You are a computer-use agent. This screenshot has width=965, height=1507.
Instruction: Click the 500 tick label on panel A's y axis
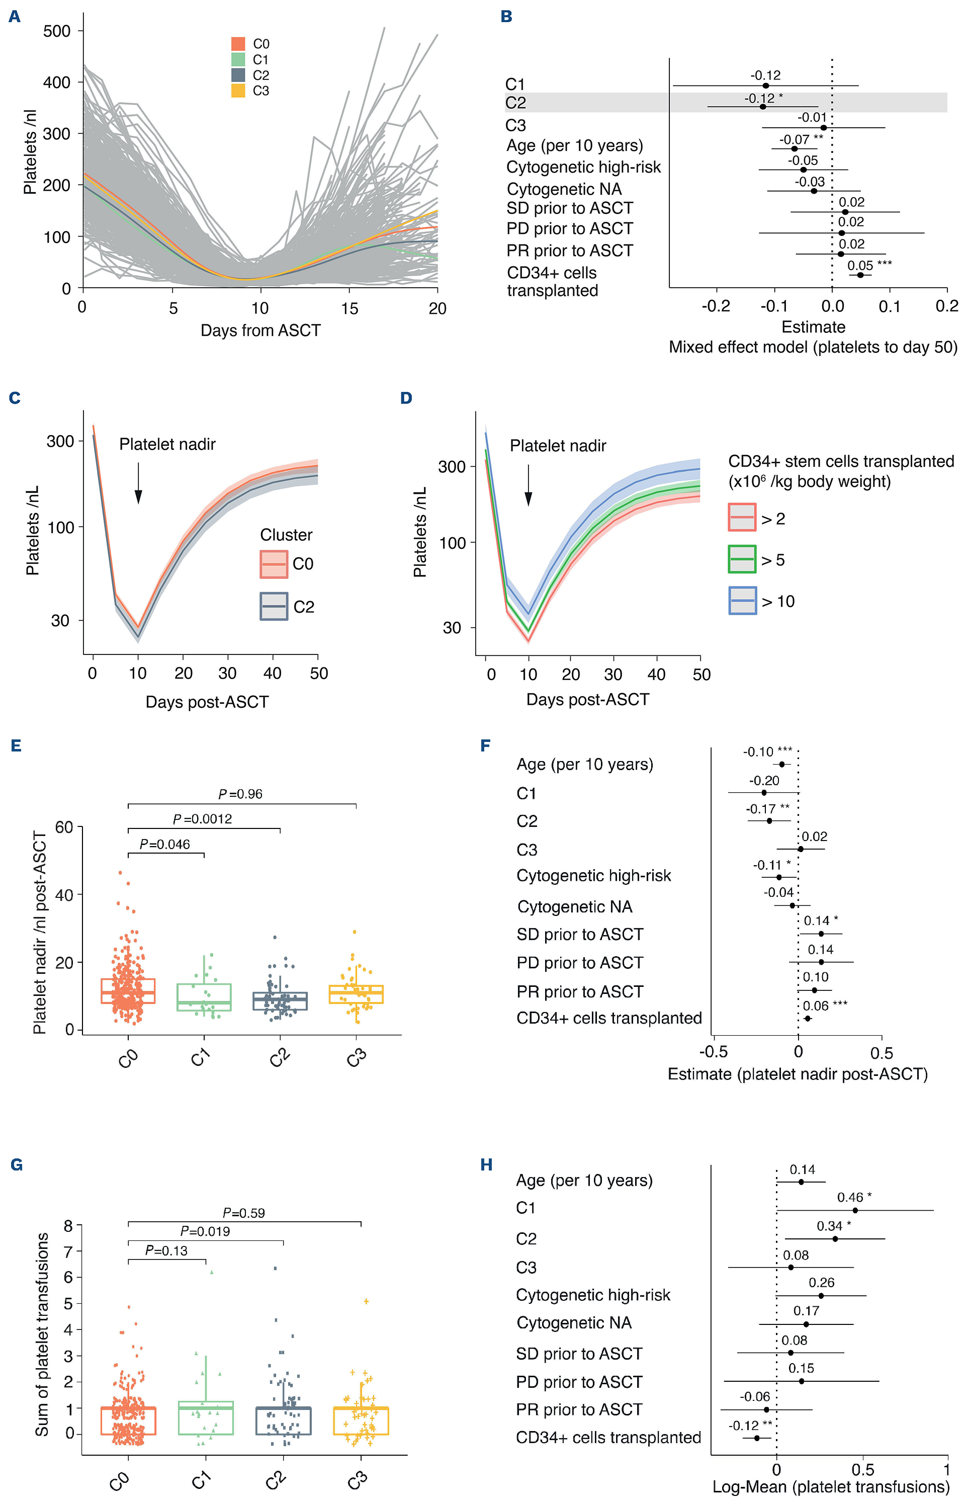[57, 31]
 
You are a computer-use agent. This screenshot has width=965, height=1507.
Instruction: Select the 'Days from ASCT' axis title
[260, 330]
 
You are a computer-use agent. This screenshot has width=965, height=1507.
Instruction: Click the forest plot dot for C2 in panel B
[763, 107]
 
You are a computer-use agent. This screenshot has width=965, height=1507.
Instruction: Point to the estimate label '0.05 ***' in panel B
[869, 265]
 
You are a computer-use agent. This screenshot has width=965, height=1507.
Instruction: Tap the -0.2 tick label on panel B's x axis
[716, 306]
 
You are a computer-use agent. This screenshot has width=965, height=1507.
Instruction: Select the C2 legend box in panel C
[274, 606]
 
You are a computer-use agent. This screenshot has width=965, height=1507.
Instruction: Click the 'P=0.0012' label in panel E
[202, 819]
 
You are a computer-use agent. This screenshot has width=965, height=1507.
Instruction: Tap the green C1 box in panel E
[204, 997]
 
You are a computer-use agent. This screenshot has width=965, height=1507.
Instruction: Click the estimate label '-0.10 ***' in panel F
[767, 751]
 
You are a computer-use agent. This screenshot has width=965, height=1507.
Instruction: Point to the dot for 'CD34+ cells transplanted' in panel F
[807, 1018]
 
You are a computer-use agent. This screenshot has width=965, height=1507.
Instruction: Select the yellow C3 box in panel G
[361, 1420]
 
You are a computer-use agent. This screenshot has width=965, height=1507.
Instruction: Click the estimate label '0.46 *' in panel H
[854, 1198]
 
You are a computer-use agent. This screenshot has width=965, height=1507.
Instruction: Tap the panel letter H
[486, 1165]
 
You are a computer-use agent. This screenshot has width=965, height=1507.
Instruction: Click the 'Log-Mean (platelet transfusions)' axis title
[830, 1487]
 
